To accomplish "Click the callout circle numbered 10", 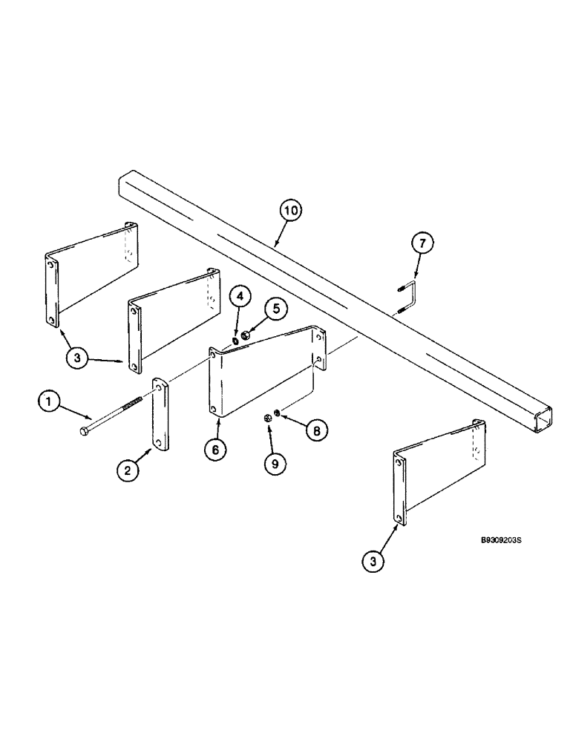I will (290, 211).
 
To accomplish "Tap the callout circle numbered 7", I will (421, 243).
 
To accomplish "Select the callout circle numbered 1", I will (48, 403).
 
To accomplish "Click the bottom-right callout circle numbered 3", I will (373, 562).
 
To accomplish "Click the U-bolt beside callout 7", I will (407, 297).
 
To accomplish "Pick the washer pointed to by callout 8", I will (277, 413).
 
